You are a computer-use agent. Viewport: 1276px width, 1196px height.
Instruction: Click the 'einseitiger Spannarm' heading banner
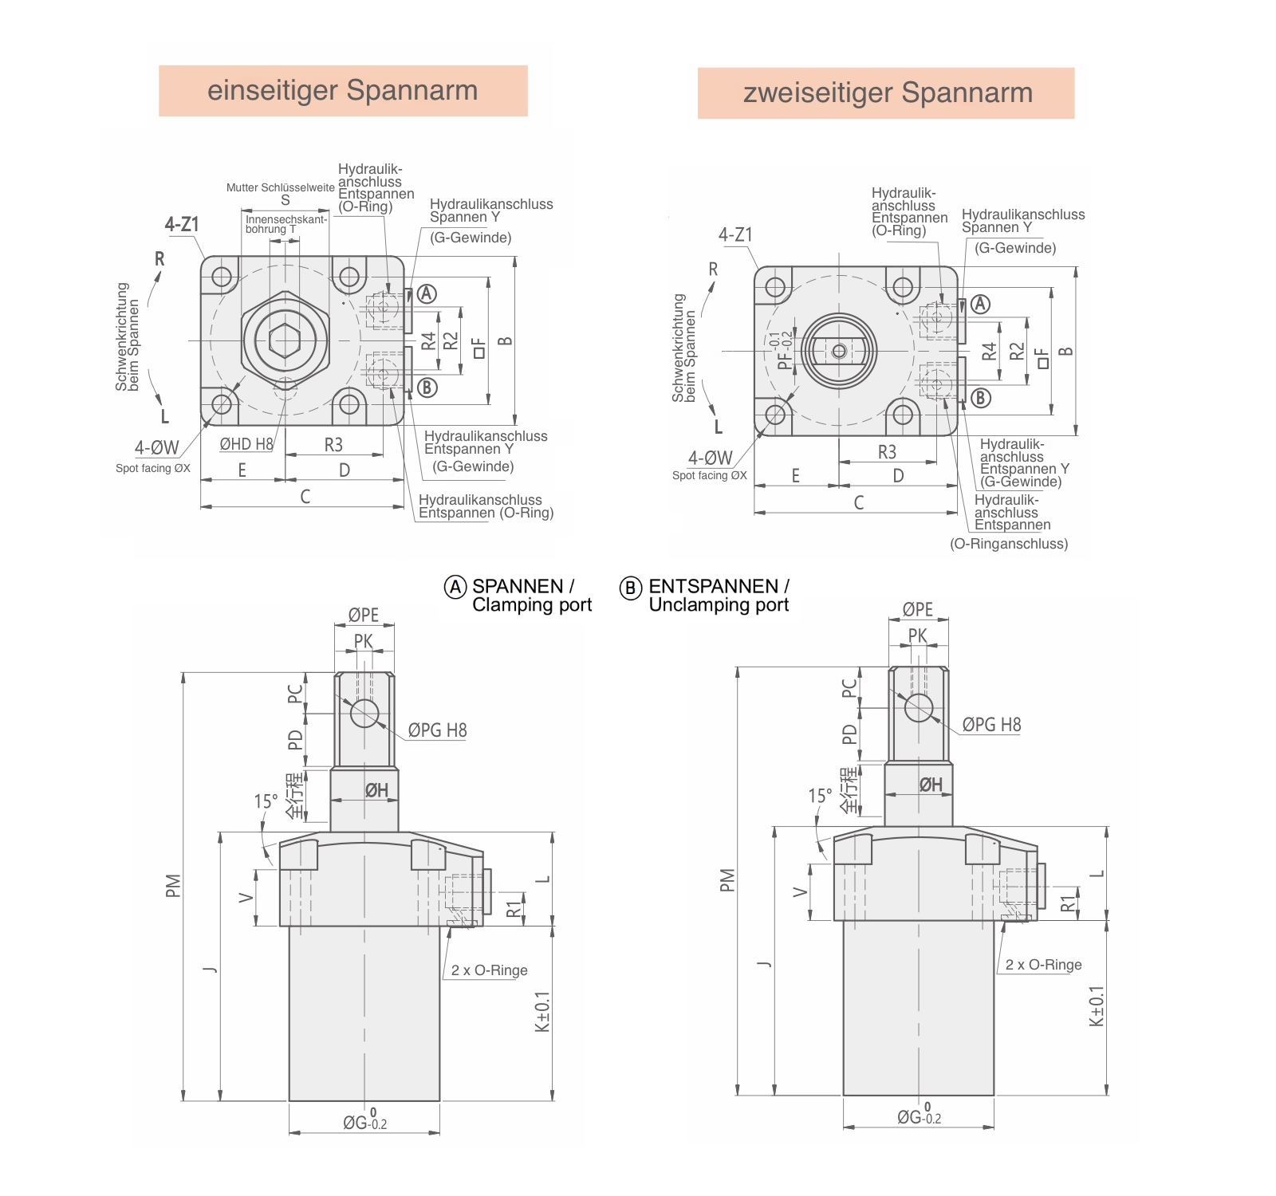(343, 91)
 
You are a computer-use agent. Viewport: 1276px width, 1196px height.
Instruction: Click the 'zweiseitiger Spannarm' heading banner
(886, 93)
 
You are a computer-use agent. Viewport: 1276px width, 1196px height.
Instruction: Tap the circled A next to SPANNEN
(455, 588)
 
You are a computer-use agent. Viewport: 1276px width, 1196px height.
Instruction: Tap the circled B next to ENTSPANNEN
(630, 588)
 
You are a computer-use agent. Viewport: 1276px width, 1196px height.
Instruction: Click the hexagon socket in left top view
(285, 340)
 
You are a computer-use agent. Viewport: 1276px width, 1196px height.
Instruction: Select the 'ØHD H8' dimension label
(246, 444)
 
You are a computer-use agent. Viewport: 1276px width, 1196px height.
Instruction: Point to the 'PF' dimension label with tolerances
(783, 351)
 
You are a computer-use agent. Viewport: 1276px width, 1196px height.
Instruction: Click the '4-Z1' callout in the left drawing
(182, 225)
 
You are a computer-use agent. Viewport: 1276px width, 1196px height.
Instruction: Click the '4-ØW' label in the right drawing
(710, 458)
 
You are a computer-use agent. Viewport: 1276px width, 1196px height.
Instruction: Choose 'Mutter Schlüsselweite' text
(280, 188)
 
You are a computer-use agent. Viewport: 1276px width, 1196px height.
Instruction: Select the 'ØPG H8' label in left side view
(437, 730)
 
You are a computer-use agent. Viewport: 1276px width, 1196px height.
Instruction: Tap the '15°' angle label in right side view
(820, 796)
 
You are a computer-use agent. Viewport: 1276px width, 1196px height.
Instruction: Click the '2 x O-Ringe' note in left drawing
(489, 970)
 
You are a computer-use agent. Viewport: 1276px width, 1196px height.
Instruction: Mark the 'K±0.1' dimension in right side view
(1097, 1006)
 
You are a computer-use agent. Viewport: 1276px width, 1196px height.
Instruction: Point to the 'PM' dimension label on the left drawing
(173, 886)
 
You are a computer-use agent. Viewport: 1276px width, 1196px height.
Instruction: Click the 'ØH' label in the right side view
(931, 785)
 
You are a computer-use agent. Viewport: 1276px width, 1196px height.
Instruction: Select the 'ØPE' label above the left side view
(364, 615)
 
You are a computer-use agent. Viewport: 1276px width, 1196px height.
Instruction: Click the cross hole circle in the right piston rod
(919, 707)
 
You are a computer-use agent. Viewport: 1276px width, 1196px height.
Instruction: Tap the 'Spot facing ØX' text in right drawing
(709, 476)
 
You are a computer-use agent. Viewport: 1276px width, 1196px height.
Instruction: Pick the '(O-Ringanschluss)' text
(1008, 544)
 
